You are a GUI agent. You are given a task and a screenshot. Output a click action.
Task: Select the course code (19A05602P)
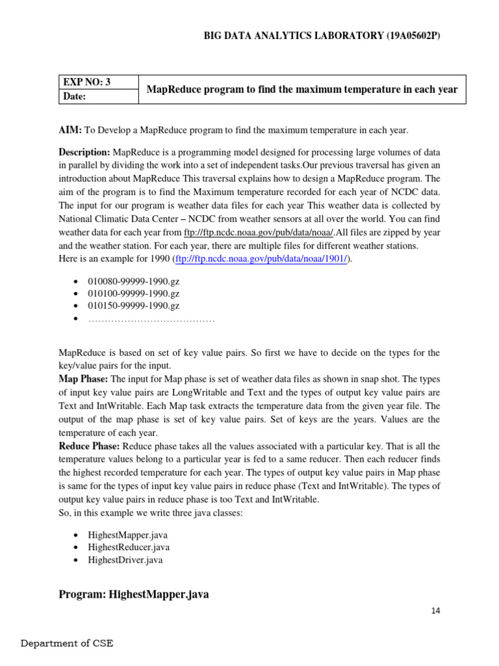[403, 36]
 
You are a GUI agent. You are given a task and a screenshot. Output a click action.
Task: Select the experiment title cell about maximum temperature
[302, 89]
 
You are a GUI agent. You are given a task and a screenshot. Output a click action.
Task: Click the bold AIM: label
[70, 131]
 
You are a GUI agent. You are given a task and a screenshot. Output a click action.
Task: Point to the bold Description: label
[84, 152]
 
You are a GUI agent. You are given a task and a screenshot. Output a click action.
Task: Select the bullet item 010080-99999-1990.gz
[134, 280]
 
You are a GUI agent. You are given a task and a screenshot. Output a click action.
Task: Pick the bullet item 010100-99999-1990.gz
[134, 293]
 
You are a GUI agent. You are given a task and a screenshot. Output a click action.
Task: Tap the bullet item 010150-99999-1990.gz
[134, 306]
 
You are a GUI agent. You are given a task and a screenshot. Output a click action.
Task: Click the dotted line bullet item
[151, 319]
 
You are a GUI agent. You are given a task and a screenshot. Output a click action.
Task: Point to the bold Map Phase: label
[84, 379]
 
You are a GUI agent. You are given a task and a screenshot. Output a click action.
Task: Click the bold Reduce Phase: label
[89, 446]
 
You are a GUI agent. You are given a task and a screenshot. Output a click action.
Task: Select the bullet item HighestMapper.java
[128, 535]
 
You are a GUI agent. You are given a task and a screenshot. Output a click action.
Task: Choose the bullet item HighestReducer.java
[129, 547]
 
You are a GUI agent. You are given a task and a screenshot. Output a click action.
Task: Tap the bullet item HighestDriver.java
[125, 559]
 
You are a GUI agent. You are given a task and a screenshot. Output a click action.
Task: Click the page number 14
[435, 611]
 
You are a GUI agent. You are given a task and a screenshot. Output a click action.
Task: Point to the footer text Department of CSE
[67, 644]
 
